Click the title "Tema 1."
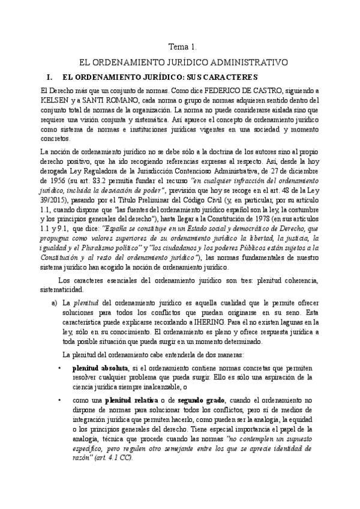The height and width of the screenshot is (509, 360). click(x=180, y=47)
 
